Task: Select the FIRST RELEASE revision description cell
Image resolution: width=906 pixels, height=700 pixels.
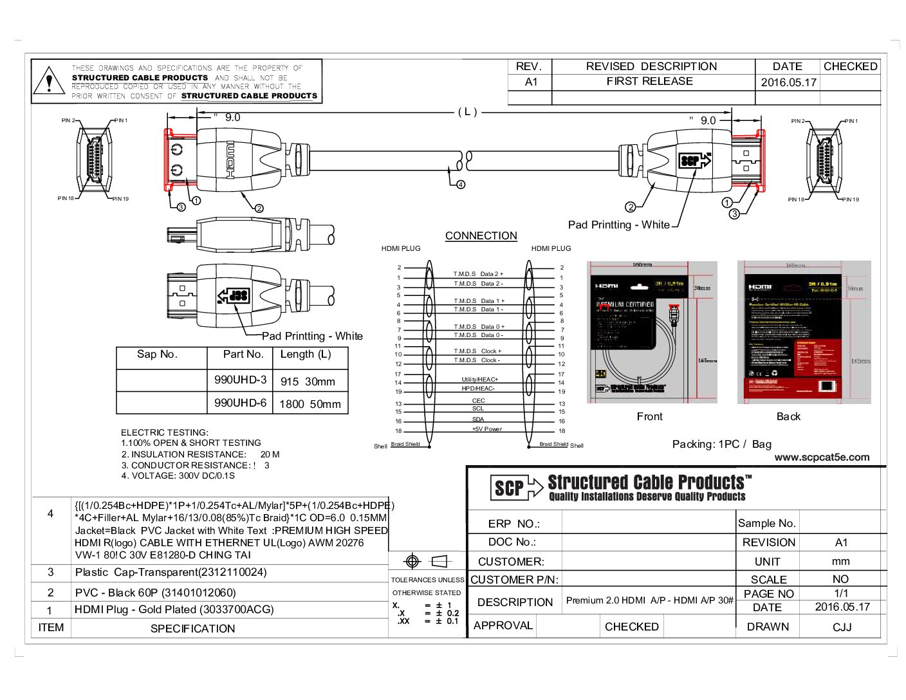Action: [649, 82]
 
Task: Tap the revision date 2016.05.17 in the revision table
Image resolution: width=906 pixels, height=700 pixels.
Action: [788, 82]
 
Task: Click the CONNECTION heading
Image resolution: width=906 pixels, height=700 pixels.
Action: [481, 236]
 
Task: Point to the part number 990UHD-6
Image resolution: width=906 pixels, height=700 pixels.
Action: [240, 403]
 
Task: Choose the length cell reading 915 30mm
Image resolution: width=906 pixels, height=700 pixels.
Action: [308, 382]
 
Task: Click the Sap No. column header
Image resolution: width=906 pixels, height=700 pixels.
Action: [157, 355]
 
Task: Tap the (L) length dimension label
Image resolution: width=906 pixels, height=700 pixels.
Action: [468, 112]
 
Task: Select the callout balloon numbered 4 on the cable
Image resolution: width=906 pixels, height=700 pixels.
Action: [461, 185]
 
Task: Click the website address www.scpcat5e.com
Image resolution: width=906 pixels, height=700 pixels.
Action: [822, 457]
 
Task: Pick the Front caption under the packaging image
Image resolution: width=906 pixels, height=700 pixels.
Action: [649, 417]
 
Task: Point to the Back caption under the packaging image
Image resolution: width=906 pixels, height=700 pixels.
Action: [788, 417]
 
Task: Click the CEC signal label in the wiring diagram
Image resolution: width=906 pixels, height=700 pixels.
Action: [478, 401]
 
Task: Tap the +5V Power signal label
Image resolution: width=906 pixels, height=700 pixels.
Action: [486, 429]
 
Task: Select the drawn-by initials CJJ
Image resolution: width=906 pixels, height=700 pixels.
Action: [842, 627]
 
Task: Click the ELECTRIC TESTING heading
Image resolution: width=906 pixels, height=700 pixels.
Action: [165, 432]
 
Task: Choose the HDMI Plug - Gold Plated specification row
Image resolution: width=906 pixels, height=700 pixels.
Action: [174, 610]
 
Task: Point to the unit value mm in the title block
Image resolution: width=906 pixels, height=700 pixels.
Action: [840, 561]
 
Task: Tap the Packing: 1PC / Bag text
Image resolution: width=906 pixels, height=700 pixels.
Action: [721, 444]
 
